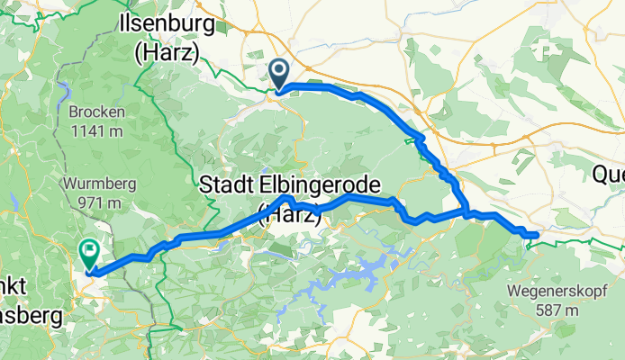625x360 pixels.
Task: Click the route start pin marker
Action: coord(279,73)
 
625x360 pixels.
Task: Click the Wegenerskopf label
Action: coord(557,292)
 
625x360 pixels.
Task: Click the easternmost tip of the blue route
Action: coord(537,235)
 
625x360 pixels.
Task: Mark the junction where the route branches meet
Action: coord(466,212)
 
